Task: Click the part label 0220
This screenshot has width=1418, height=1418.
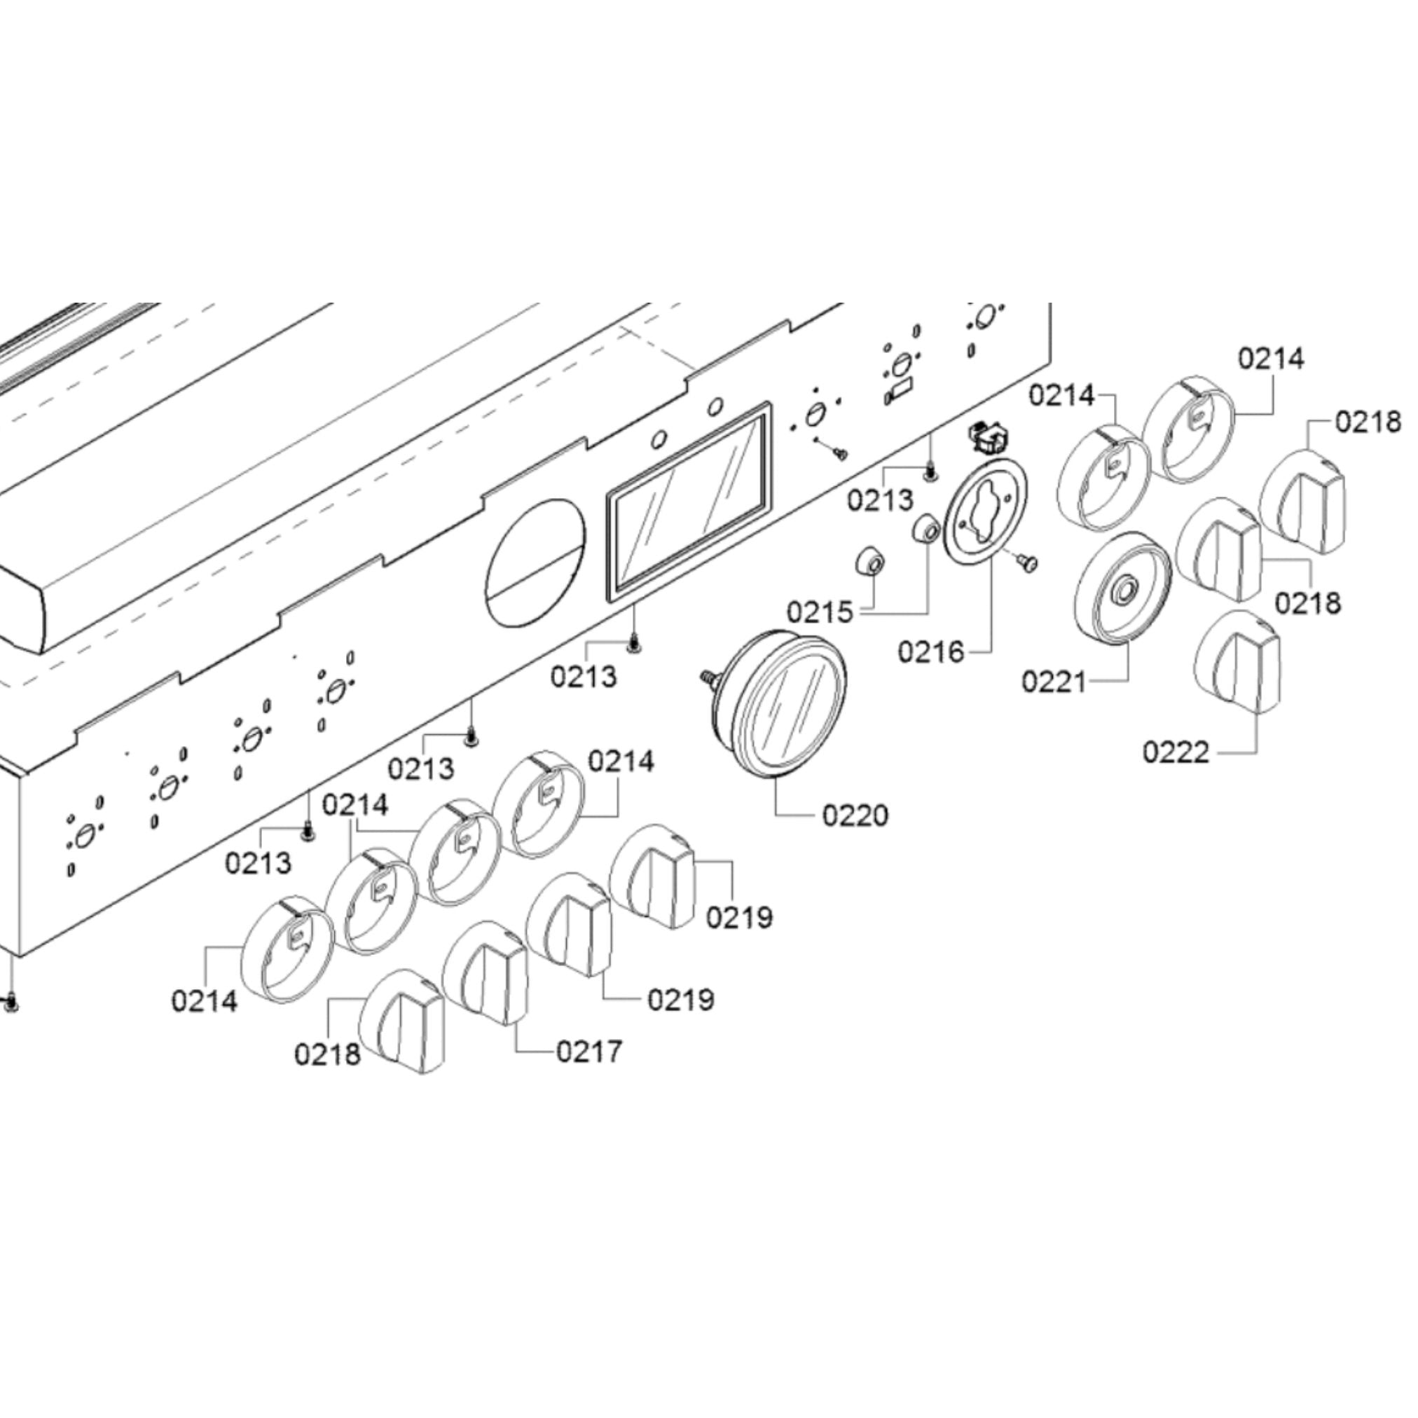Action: tap(855, 815)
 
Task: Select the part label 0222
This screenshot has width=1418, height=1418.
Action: tap(1176, 752)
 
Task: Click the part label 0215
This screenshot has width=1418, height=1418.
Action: tap(820, 612)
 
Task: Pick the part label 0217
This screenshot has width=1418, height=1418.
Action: tap(588, 1052)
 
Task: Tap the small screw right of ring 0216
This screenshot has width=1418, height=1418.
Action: tap(1028, 562)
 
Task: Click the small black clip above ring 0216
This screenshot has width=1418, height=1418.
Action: tap(989, 438)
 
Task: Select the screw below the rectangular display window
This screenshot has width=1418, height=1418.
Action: tap(633, 645)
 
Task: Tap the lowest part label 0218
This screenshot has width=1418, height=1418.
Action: tap(327, 1054)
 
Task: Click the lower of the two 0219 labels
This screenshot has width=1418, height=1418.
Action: tap(680, 999)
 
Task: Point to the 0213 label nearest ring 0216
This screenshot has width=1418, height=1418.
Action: tap(880, 500)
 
